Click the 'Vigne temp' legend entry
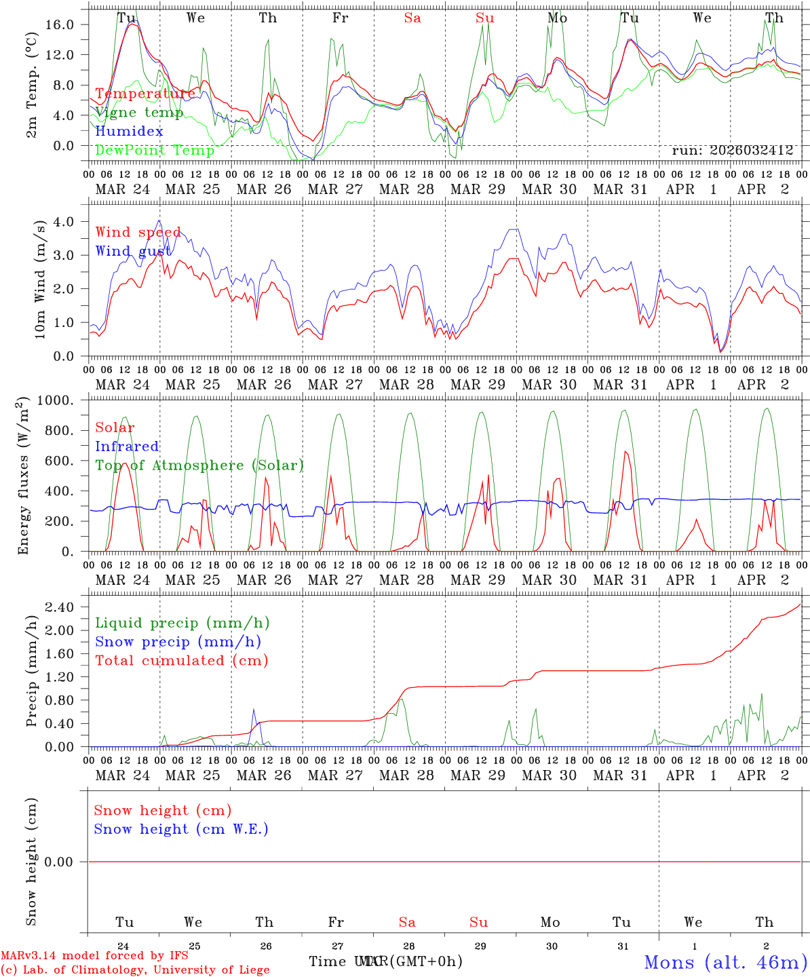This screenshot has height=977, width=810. coord(139,113)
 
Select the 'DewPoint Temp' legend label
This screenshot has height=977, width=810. coord(155,150)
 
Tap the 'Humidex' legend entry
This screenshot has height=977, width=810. coord(129,132)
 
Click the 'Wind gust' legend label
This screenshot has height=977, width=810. coord(133,251)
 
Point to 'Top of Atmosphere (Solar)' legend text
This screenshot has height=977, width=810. coord(199,465)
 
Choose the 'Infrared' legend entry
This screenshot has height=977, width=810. coord(127,446)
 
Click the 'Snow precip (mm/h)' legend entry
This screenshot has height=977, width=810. coord(178,642)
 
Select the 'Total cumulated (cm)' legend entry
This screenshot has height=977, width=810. coord(181,661)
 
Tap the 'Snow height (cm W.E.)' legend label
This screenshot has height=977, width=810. coord(181,829)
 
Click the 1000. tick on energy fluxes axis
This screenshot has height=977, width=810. coord(64,400)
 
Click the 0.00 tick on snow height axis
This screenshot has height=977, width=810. coord(66,862)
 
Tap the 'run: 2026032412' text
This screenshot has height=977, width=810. coord(732,151)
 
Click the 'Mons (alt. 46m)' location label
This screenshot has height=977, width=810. coord(725,962)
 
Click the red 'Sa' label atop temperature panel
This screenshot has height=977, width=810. coord(412,18)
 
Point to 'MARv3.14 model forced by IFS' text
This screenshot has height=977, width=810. coord(94,956)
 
